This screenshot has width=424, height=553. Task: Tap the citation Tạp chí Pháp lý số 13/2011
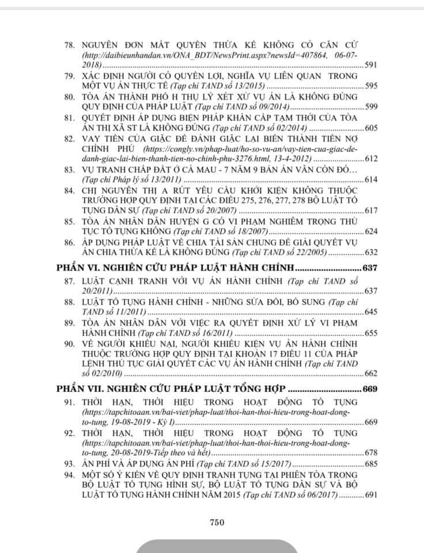pyautogui.click(x=133, y=181)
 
